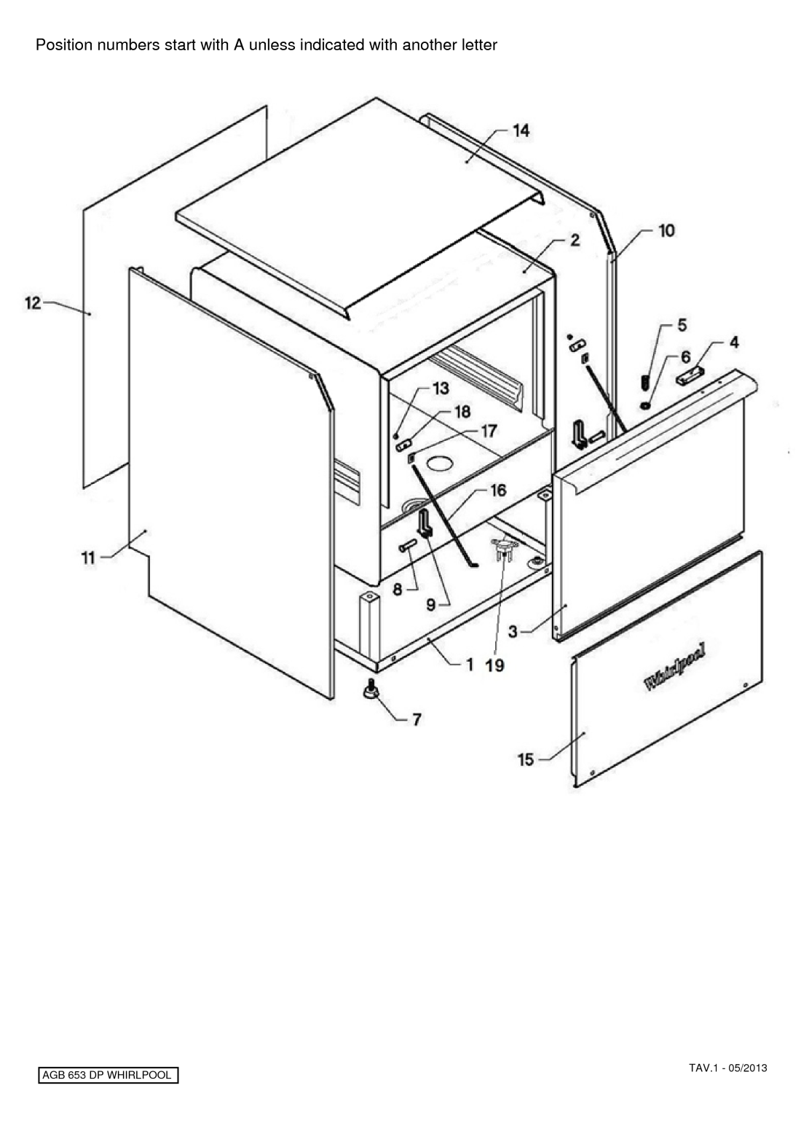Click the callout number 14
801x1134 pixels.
(521, 131)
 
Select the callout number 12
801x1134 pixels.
(33, 303)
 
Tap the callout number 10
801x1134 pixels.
(666, 231)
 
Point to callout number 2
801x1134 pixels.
(575, 240)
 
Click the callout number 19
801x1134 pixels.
(495, 665)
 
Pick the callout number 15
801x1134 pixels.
(526, 759)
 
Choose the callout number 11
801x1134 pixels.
(88, 558)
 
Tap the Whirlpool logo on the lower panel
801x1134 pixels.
(675, 668)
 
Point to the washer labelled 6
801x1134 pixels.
(644, 405)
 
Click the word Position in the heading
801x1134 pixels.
(64, 45)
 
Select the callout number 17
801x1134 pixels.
(489, 431)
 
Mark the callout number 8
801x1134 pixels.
(398, 590)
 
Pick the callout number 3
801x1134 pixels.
(513, 631)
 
